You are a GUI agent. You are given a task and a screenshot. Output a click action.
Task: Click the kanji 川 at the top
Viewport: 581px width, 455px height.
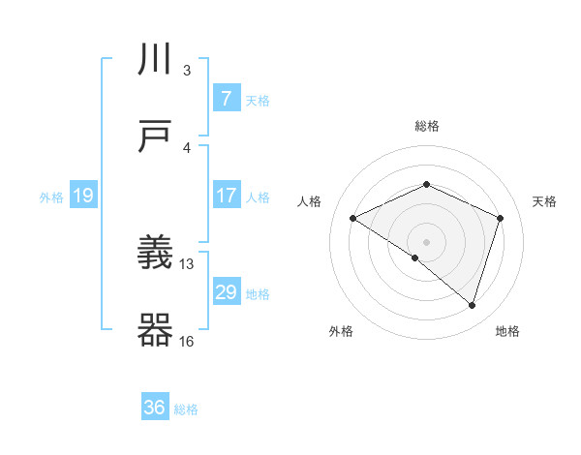(x=155, y=61)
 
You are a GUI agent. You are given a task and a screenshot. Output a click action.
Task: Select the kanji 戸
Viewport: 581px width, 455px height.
(x=155, y=136)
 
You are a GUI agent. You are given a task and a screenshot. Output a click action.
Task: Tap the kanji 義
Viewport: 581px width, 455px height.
(x=155, y=255)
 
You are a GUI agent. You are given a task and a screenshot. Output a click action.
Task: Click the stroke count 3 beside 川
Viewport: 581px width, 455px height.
(x=187, y=71)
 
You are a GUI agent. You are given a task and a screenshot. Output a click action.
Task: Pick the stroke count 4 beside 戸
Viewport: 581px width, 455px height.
(x=187, y=147)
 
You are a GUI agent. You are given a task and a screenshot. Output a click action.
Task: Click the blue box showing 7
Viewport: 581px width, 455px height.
(x=226, y=98)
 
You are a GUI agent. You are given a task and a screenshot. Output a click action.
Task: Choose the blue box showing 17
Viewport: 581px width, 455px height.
(x=226, y=196)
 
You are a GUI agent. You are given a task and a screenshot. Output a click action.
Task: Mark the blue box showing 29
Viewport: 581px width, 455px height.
(x=226, y=292)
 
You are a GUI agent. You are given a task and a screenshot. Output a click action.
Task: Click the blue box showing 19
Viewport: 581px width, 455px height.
(x=82, y=197)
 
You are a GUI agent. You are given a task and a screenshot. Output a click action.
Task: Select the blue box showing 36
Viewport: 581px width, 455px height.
(x=155, y=408)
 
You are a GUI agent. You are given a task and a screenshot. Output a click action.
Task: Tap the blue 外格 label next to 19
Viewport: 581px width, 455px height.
(x=51, y=197)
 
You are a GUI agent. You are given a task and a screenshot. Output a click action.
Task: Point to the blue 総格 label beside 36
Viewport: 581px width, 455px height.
(x=186, y=409)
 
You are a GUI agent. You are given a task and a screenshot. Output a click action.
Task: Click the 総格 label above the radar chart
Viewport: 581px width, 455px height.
(x=426, y=126)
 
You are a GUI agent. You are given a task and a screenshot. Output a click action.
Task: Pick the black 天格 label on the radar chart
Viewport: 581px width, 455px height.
(x=544, y=201)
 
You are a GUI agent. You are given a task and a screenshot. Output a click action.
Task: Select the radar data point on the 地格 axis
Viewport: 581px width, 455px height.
(x=472, y=305)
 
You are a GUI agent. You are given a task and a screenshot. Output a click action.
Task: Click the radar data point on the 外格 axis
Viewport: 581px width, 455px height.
(x=415, y=258)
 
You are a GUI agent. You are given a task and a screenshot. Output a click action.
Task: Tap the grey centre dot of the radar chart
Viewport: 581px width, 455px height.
(x=426, y=241)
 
